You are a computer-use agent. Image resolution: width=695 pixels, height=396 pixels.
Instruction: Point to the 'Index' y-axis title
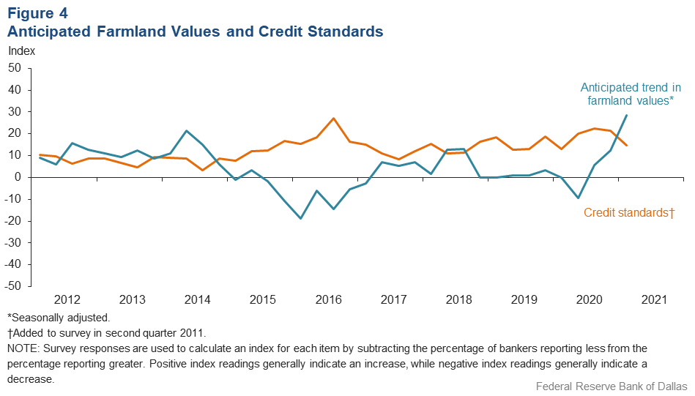21,51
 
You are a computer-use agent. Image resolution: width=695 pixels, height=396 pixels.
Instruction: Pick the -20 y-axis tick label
14,221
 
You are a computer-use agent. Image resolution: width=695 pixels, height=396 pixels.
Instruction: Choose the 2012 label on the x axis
67,299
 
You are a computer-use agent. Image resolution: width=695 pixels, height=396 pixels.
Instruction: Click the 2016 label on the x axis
329,299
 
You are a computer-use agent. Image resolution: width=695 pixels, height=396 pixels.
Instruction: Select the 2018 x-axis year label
459,299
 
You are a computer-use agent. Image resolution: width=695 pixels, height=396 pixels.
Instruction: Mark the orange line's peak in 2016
334,119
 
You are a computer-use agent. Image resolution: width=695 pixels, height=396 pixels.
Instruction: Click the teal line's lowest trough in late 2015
300,218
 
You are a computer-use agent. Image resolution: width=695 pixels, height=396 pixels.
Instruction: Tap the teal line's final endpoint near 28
626,116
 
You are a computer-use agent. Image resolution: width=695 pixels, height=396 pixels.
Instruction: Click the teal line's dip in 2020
579,198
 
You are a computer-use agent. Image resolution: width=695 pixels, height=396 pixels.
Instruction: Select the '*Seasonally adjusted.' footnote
58,318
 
